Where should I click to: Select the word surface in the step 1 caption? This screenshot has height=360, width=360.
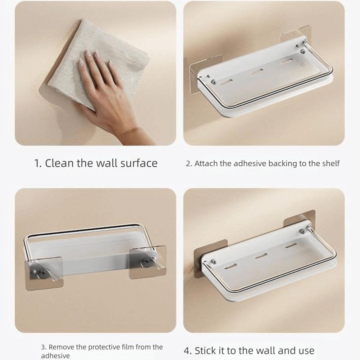point(139,163)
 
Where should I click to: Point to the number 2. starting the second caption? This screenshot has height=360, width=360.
point(189,164)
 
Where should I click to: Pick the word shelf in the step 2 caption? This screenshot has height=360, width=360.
point(330,164)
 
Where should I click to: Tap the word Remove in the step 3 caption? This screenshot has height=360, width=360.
point(61,347)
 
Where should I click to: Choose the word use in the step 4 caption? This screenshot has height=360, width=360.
point(306,351)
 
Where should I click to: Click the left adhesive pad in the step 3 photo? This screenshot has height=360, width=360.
point(44,273)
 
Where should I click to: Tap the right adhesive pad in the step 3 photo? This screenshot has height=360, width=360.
point(147,262)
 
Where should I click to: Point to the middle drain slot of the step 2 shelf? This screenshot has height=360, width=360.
point(256,72)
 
